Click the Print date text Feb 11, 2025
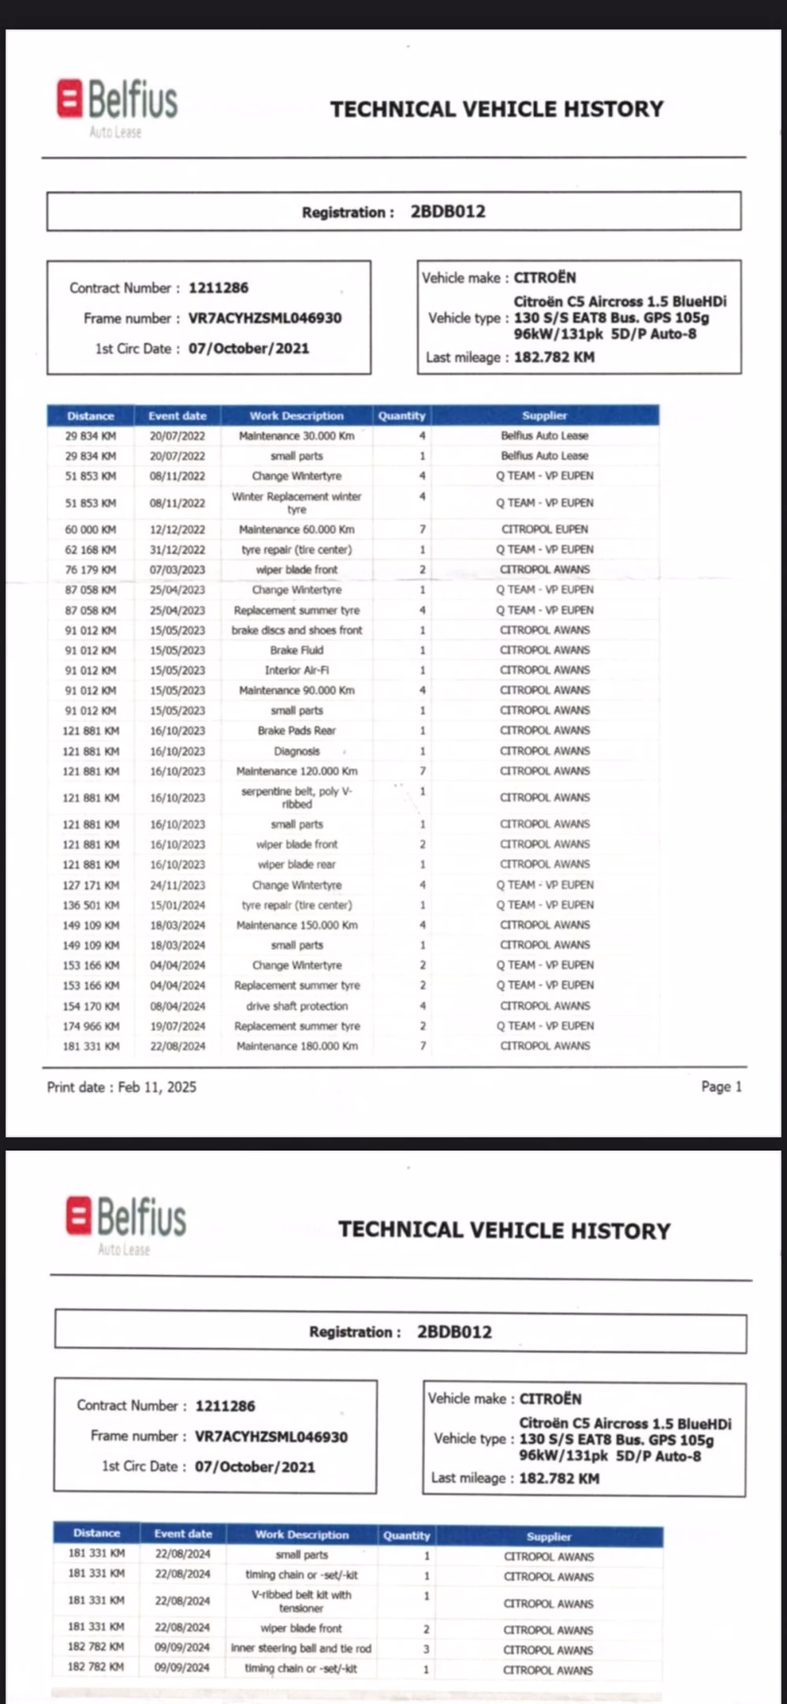[157, 1087]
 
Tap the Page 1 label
[721, 1086]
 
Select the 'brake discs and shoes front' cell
[297, 630]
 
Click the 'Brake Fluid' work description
[297, 650]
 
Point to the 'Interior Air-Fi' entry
[297, 671]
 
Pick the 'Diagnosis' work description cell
[297, 751]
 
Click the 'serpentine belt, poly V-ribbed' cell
[297, 798]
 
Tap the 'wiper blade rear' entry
[297, 865]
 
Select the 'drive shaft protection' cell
[297, 1006]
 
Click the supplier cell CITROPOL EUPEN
[544, 529]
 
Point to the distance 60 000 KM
[91, 529]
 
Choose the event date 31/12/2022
[177, 550]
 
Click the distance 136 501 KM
[91, 905]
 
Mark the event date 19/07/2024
[177, 1026]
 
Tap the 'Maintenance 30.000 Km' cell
[297, 435]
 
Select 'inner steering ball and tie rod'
[300, 1648]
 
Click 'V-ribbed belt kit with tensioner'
[300, 1601]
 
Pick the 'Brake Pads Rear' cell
[297, 731]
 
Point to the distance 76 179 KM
[91, 570]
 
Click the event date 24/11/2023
[177, 885]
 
